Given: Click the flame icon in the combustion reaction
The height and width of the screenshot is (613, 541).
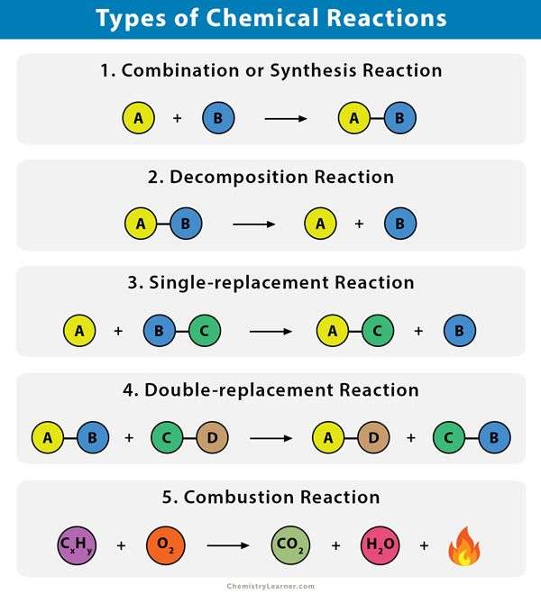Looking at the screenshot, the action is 464,546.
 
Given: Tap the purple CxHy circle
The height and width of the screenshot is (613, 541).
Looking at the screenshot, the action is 77,545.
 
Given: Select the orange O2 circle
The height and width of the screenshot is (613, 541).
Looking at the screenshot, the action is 165,545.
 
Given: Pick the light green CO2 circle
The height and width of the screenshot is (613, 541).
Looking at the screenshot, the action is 290,545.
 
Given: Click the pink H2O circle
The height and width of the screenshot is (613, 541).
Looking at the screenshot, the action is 380,545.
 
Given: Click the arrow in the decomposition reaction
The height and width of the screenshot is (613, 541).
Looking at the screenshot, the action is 254,224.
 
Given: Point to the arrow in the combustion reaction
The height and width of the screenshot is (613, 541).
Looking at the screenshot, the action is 228,545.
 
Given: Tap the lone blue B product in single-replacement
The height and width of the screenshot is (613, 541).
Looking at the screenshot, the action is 460,331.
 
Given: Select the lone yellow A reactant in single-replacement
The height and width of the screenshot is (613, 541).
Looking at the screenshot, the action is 79,331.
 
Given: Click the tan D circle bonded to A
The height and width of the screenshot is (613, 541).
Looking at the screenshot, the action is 373,437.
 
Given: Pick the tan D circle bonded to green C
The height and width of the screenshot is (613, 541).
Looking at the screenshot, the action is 212,437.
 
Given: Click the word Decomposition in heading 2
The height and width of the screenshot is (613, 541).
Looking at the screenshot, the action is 239,177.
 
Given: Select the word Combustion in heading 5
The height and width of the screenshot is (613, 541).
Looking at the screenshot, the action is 239,498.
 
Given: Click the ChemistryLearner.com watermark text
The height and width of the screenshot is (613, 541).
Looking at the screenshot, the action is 270,586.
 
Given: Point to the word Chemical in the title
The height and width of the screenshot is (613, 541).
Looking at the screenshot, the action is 262,18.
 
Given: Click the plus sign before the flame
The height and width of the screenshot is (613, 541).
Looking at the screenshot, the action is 424,545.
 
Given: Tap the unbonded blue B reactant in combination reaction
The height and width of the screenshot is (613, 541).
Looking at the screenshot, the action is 218,118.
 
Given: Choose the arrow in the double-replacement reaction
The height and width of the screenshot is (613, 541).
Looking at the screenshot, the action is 270,438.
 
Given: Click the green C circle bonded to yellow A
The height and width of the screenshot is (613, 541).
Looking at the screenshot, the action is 378,331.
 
